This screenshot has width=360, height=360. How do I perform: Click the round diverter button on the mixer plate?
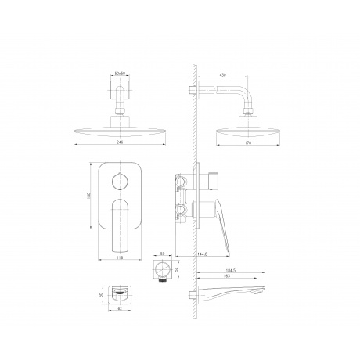tap(121, 182)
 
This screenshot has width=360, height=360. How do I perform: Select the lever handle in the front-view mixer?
tap(121, 221)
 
